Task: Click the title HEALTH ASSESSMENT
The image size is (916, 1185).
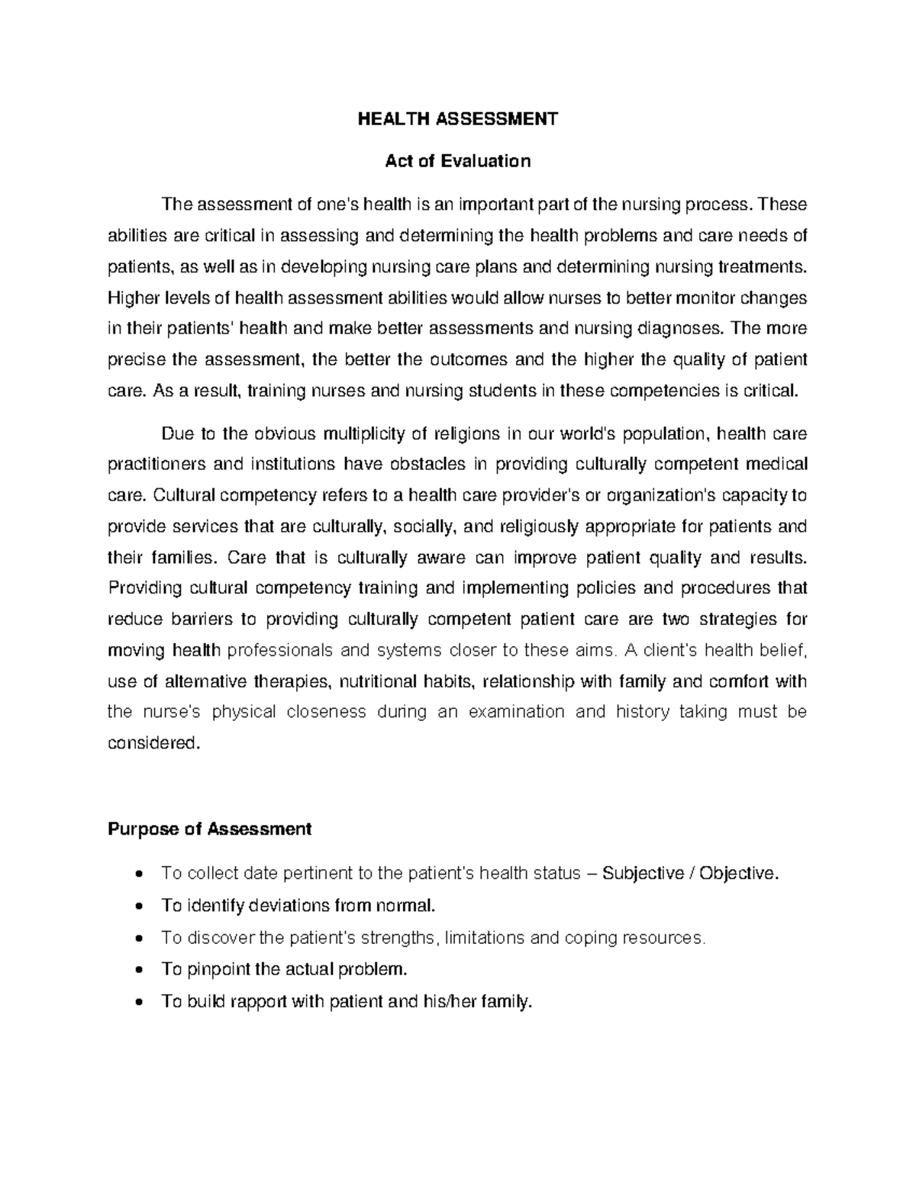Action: pos(458,119)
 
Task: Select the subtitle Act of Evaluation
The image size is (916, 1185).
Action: pos(458,161)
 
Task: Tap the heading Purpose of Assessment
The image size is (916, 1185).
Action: pos(210,829)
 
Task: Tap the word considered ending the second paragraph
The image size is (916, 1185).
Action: pos(153,742)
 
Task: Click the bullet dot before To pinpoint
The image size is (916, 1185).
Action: pos(138,971)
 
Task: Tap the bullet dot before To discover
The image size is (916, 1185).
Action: pos(138,939)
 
